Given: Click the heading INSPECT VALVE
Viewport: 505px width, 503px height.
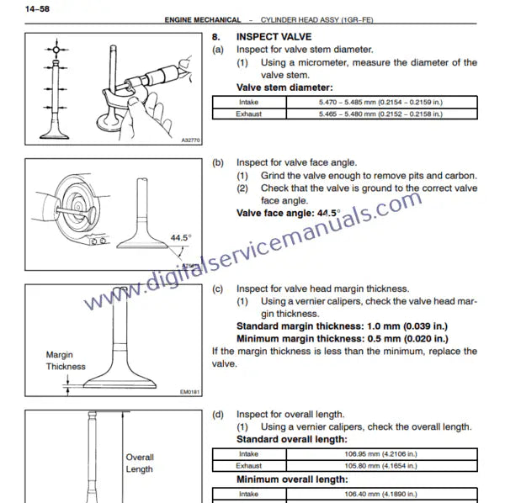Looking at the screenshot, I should click(x=274, y=37).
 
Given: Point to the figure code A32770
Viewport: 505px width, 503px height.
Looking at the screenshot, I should click(x=191, y=141).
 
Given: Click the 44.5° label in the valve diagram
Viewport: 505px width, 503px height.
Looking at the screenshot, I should click(x=178, y=238).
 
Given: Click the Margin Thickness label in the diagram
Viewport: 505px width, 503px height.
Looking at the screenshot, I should click(x=66, y=361).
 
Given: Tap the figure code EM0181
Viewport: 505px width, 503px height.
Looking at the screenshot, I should click(x=191, y=391).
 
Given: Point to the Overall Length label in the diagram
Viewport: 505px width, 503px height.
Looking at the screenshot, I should click(x=140, y=463).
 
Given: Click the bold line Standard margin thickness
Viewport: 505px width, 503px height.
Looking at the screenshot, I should click(x=342, y=326).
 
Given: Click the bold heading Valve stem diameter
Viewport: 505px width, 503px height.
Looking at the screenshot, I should click(x=284, y=87).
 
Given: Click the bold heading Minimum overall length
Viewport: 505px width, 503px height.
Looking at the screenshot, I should click(x=292, y=479).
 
